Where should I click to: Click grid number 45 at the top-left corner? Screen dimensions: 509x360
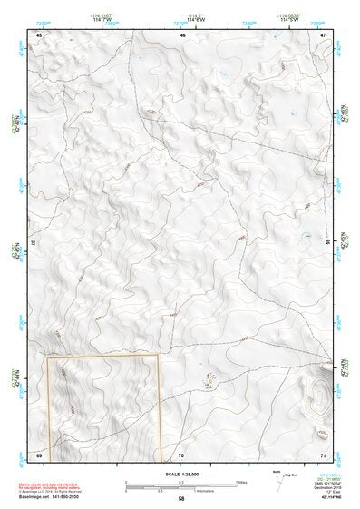(39, 34)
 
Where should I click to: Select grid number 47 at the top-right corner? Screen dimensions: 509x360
(323, 34)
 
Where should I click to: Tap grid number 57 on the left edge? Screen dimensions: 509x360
(33, 243)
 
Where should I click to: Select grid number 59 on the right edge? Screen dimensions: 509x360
(328, 243)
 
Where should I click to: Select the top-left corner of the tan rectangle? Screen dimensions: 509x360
(47, 357)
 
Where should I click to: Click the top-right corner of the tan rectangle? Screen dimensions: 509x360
(160, 356)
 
